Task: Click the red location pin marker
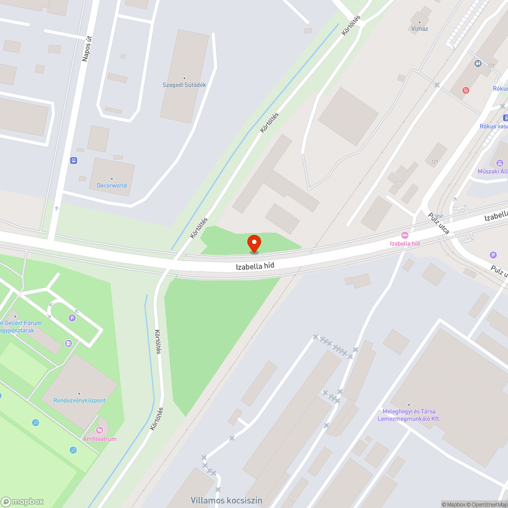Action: coord(253,243)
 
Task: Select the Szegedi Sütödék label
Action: coord(184,85)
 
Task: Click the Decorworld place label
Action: coord(112,185)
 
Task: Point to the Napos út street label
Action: coord(86,48)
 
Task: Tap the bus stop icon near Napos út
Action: coord(74,161)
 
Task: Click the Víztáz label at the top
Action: coord(420,28)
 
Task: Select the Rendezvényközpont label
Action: coord(80,400)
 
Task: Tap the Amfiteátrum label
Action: coord(100,438)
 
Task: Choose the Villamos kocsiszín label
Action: coord(227,500)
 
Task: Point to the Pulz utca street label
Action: coord(438,224)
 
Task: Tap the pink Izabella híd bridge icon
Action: coord(405,235)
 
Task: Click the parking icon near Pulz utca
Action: coord(492,255)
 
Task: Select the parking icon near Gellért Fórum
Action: coord(72,318)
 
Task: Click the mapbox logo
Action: coord(23,501)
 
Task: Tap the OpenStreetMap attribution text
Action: coord(487,504)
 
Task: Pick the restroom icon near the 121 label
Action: coord(479,63)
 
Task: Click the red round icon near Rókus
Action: coord(466,90)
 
